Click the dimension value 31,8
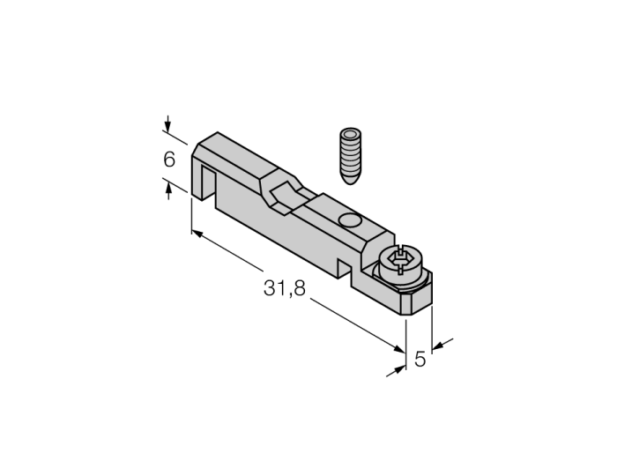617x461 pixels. (284, 288)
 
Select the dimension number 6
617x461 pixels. (169, 160)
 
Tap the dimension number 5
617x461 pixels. (420, 359)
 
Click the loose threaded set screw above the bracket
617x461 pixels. (350, 156)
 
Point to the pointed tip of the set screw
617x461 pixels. (350, 182)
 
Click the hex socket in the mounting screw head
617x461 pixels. (400, 259)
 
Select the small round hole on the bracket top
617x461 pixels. (349, 220)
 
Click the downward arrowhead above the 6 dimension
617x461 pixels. (167, 127)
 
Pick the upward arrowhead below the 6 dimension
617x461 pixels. (168, 190)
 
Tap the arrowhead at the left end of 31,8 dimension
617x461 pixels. (197, 234)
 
